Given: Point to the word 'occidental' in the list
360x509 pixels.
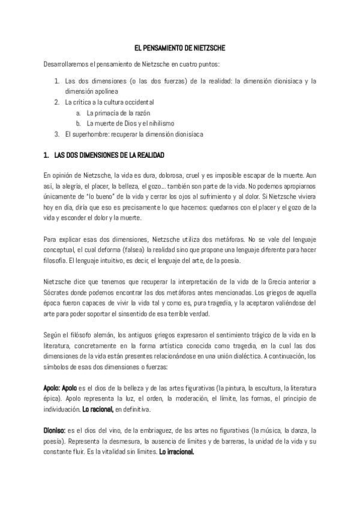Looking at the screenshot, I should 137,102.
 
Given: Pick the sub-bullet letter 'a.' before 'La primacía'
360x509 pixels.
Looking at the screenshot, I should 79,113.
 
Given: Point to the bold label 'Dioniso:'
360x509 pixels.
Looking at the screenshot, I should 55,430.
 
